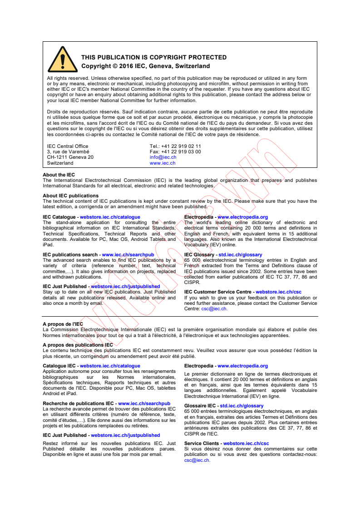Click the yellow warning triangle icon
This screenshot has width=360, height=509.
tap(63, 60)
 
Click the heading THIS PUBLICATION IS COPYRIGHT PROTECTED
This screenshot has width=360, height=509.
tap(154, 58)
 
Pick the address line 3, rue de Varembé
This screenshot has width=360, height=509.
tap(68, 152)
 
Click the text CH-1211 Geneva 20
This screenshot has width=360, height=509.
tap(70, 157)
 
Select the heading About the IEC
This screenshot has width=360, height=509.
tap(59, 175)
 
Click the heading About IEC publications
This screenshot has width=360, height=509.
tap(70, 196)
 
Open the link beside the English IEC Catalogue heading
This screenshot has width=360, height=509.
tap(110, 217)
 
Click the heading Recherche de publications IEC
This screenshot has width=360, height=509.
tap(78, 403)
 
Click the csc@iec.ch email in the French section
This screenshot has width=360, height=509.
tap(197, 460)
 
